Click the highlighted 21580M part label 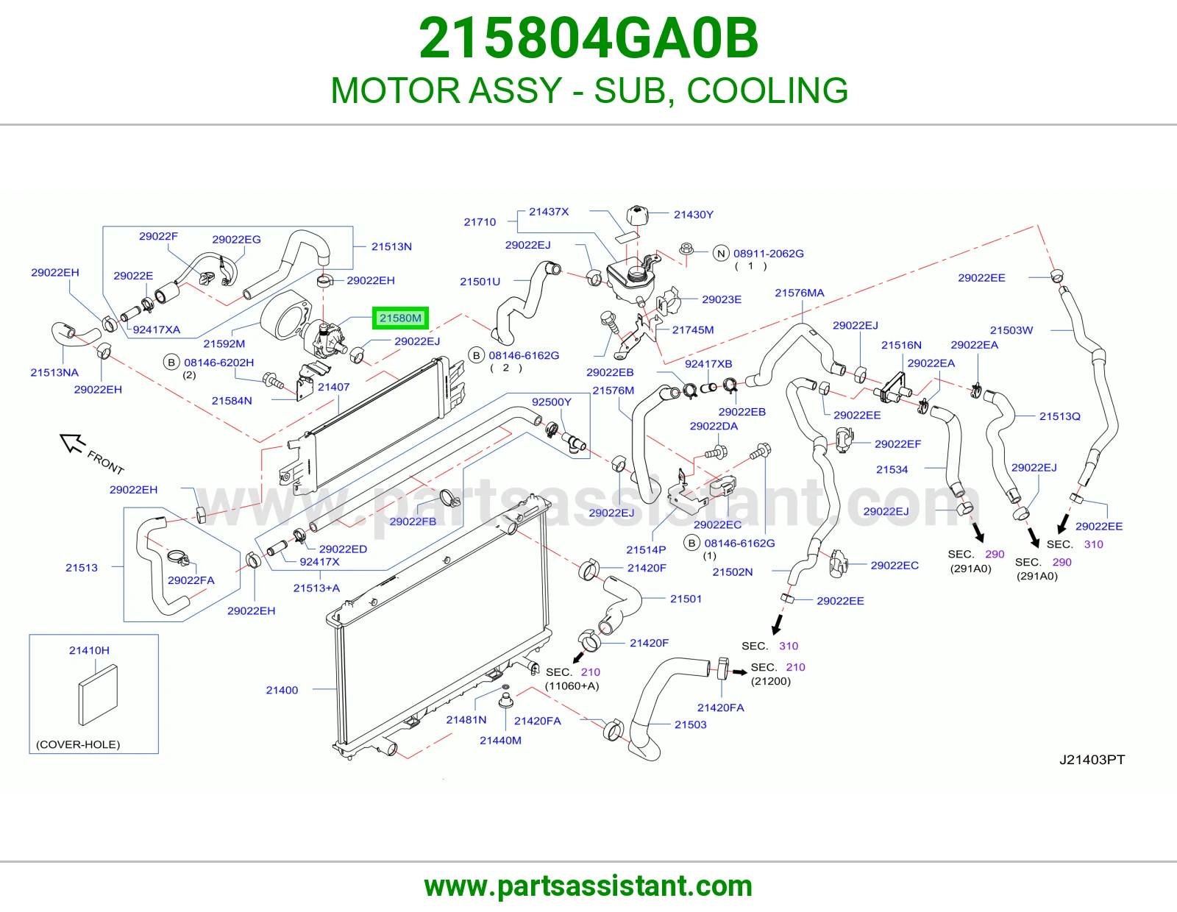click(399, 318)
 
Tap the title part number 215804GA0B click(588, 38)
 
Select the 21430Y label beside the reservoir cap click(693, 215)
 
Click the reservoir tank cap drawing click(637, 215)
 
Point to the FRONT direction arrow click(72, 443)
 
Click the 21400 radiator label click(282, 690)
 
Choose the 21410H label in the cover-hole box click(89, 650)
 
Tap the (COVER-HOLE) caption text click(78, 744)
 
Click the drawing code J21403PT click(1092, 759)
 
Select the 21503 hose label click(690, 724)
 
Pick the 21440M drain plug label click(500, 740)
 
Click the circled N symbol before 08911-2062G click(720, 254)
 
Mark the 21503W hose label click(1011, 329)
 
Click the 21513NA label click(54, 372)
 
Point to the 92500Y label click(552, 402)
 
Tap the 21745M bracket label click(693, 329)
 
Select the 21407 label click(334, 387)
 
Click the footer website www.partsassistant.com click(588, 886)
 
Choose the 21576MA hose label click(800, 293)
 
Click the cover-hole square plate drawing click(98, 695)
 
